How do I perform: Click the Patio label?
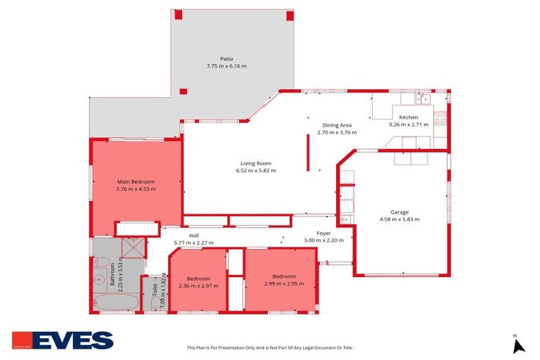[226, 58]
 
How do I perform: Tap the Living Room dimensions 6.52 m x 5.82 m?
[256, 170]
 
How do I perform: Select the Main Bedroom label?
[136, 181]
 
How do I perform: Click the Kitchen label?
[409, 117]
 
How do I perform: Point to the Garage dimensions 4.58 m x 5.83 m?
[399, 219]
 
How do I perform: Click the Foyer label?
[323, 233]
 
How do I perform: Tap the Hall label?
[193, 236]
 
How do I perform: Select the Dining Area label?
[337, 124]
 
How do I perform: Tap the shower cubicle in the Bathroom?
[132, 248]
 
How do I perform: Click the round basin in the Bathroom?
[97, 278]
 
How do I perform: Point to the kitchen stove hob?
[439, 118]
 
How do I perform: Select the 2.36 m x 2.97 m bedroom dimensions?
[198, 286]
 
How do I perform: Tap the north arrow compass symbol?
[519, 345]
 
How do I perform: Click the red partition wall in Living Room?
[307, 153]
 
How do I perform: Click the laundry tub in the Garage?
[345, 220]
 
